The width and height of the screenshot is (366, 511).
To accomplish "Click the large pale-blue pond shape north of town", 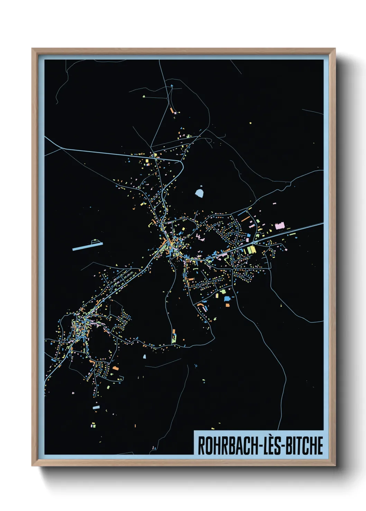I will pyautogui.click(x=200, y=192).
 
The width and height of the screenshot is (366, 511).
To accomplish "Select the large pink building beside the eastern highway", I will pyautogui.click(x=280, y=226).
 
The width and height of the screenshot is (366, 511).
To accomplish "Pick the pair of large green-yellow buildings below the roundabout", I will pyautogui.click(x=251, y=249).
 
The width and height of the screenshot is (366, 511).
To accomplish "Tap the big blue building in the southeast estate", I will pyautogui.click(x=227, y=298).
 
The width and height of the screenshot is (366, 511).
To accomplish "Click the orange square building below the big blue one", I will pyautogui.click(x=227, y=305).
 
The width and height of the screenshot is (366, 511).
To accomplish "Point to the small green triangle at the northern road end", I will pyautogui.click(x=144, y=96).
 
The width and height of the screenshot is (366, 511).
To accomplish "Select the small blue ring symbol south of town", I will pyautogui.click(x=196, y=365).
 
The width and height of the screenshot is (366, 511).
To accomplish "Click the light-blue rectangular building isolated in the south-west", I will pyautogui.click(x=96, y=407).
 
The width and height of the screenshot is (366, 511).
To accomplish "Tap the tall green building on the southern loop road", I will pyautogui.click(x=174, y=336).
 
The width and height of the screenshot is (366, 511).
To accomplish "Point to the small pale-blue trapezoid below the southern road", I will pyautogui.click(x=144, y=356).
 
